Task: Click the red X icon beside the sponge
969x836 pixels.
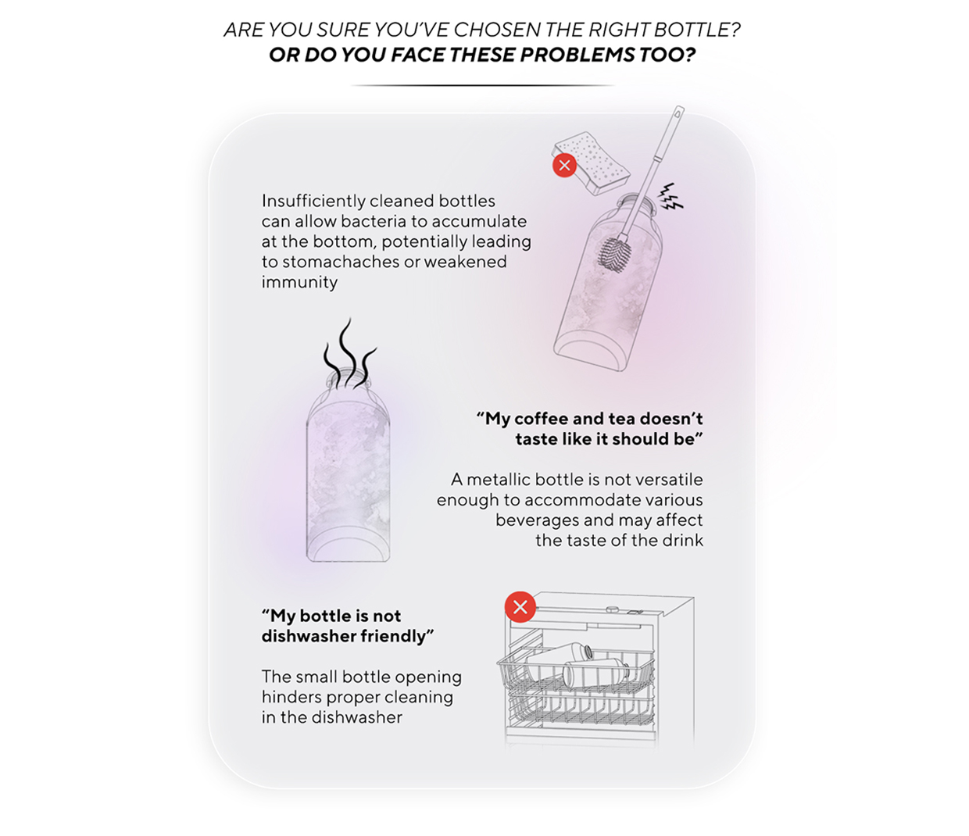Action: (x=564, y=165)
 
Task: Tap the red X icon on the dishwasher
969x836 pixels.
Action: (x=520, y=607)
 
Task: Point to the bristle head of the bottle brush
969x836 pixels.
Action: (x=615, y=253)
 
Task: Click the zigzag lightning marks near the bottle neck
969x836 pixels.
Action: (x=670, y=197)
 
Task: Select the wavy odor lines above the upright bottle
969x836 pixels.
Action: (x=349, y=353)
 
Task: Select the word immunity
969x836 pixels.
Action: (x=299, y=282)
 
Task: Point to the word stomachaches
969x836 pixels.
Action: (x=341, y=262)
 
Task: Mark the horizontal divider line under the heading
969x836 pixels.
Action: (x=484, y=86)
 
